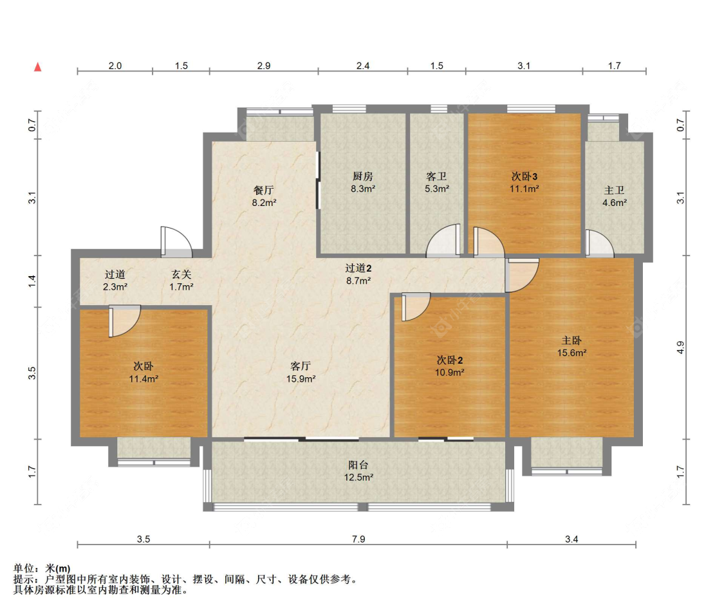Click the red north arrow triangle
click(x=38, y=67)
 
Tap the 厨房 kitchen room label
click(x=362, y=176)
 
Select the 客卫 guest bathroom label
click(x=436, y=176)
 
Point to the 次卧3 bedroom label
click(x=524, y=176)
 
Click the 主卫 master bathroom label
click(x=614, y=191)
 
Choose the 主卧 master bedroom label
click(x=571, y=341)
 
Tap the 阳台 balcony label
click(x=358, y=465)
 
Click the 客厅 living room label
click(x=301, y=366)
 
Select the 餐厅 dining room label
click(x=264, y=191)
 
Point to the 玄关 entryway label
click(x=181, y=275)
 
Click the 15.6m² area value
click(x=571, y=353)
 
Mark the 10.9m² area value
click(x=449, y=372)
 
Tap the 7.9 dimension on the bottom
click(x=358, y=539)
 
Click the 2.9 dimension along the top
click(x=264, y=66)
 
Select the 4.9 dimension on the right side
click(x=680, y=347)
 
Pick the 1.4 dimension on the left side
click(x=32, y=281)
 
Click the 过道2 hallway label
click(x=358, y=268)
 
